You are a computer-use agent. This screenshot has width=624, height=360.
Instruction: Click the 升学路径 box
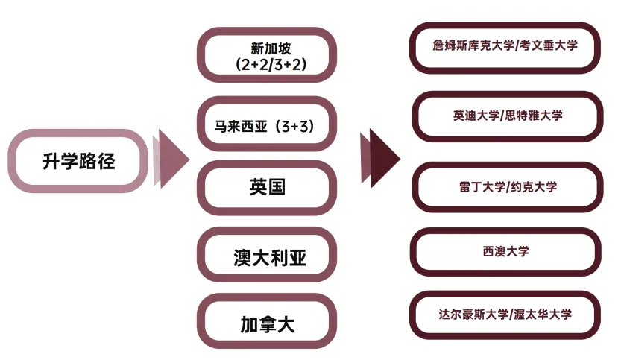click(79, 160)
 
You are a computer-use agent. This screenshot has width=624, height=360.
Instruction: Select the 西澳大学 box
click(505, 252)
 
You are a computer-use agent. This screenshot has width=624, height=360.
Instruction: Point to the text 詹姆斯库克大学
click(473, 45)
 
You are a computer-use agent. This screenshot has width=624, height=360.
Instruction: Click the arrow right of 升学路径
click(171, 160)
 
